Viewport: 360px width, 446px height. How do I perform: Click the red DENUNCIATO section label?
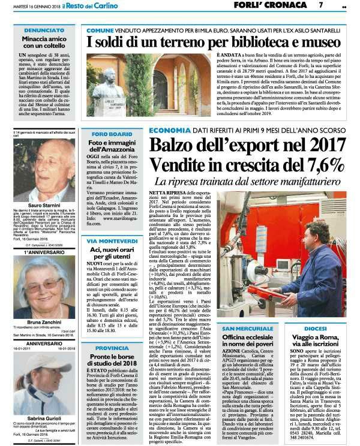tap(39, 29)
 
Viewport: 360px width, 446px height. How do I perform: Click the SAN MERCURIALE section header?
tap(251, 329)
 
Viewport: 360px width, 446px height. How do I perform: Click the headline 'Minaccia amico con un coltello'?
tap(39, 42)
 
